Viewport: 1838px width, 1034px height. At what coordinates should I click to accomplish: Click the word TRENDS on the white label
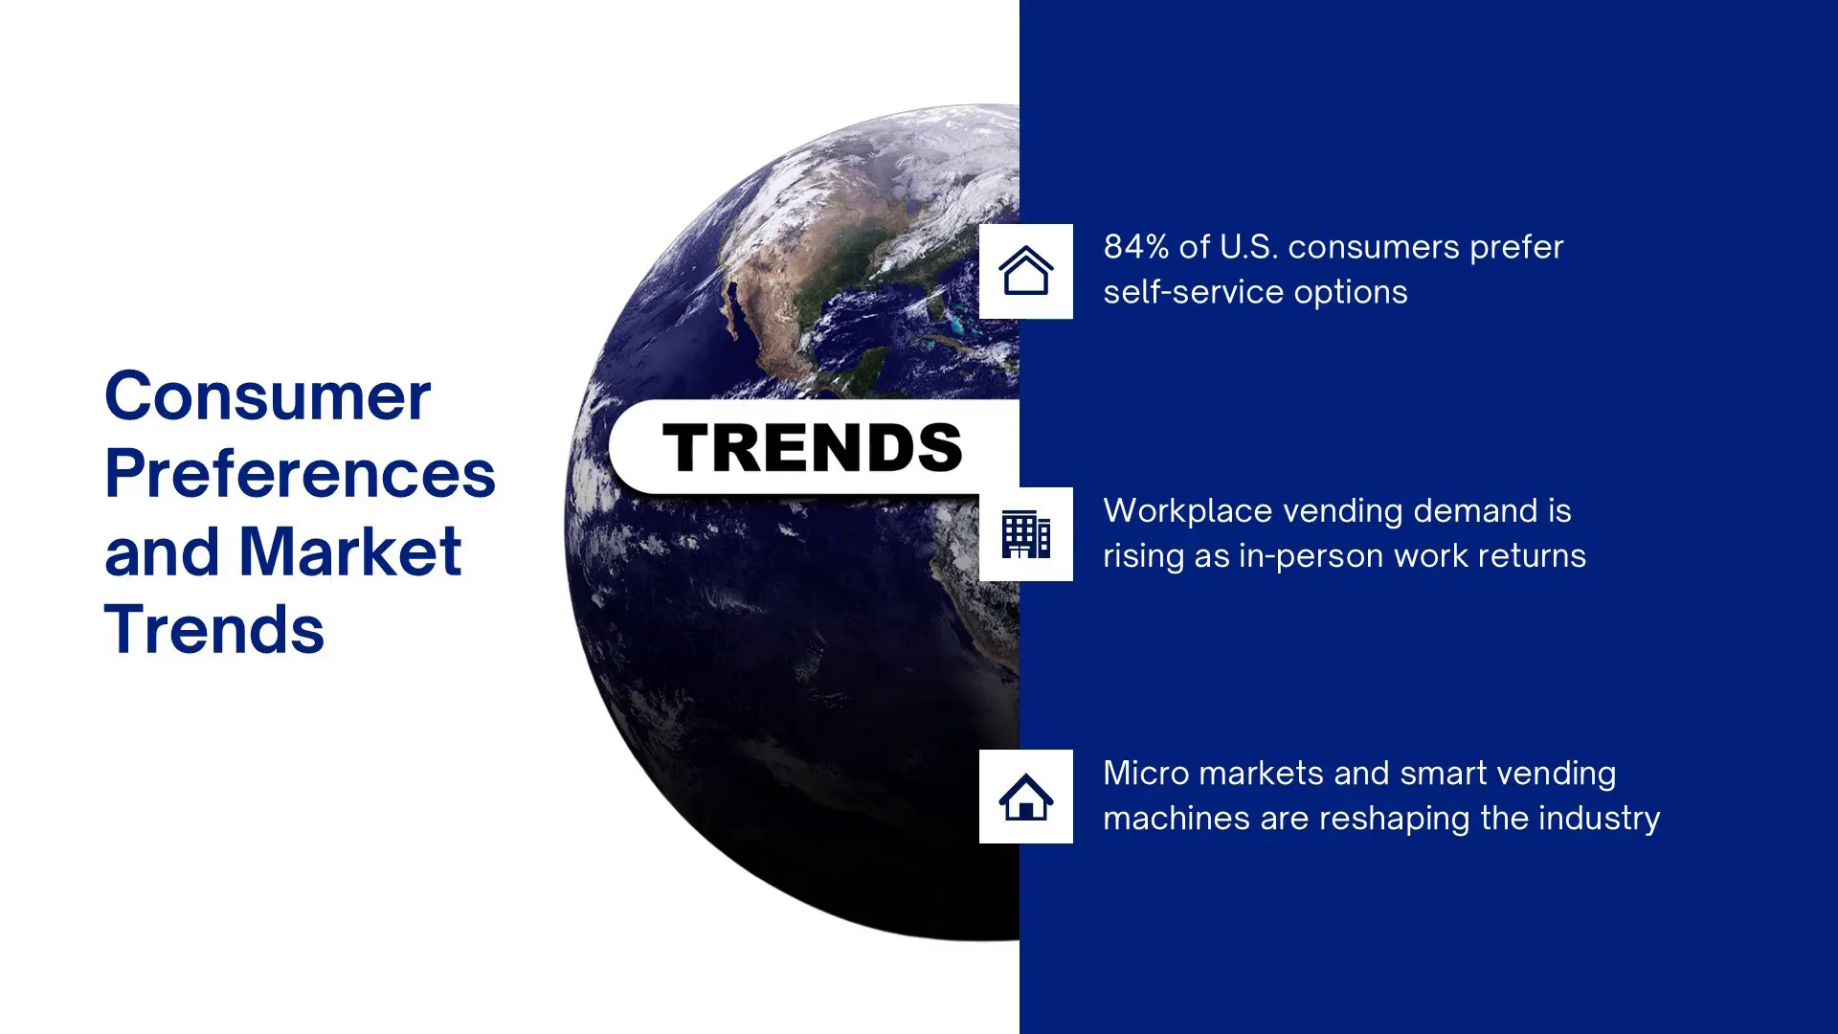(812, 447)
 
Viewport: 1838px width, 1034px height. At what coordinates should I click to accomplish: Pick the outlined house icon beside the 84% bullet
(1026, 270)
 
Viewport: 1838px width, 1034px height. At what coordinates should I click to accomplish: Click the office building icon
(1026, 533)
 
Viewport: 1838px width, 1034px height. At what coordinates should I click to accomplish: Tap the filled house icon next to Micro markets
(1026, 797)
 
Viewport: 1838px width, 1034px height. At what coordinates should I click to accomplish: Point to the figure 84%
(1136, 247)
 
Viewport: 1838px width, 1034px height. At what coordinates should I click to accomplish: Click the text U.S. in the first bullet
(1249, 247)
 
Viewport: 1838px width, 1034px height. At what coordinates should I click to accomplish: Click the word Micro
(1146, 773)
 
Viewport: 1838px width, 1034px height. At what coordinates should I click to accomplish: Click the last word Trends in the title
(214, 629)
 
